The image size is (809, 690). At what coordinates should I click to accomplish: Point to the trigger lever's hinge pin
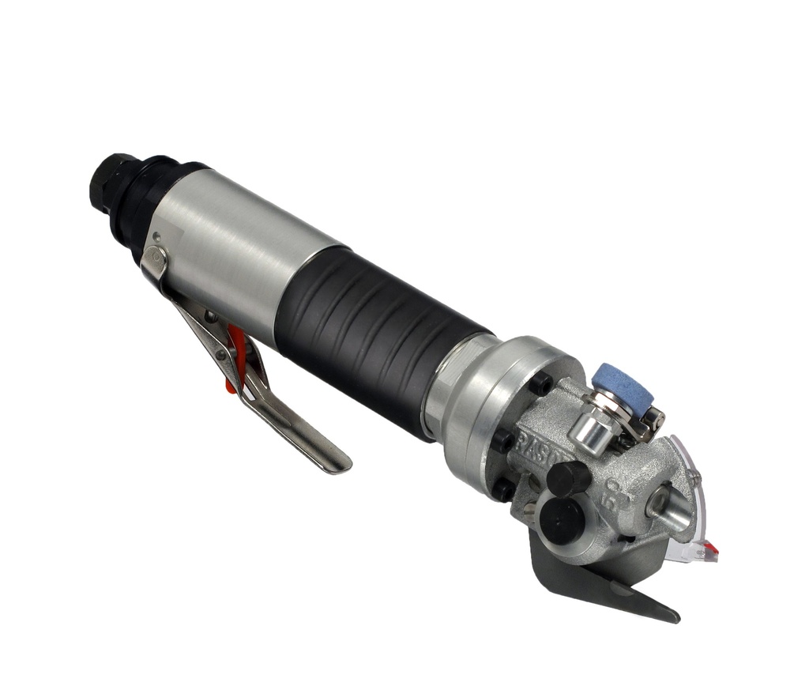pyautogui.click(x=156, y=256)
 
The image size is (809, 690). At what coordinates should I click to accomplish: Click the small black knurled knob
pyautogui.click(x=568, y=479)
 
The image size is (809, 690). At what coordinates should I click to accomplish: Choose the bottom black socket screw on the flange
pyautogui.click(x=501, y=490)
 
